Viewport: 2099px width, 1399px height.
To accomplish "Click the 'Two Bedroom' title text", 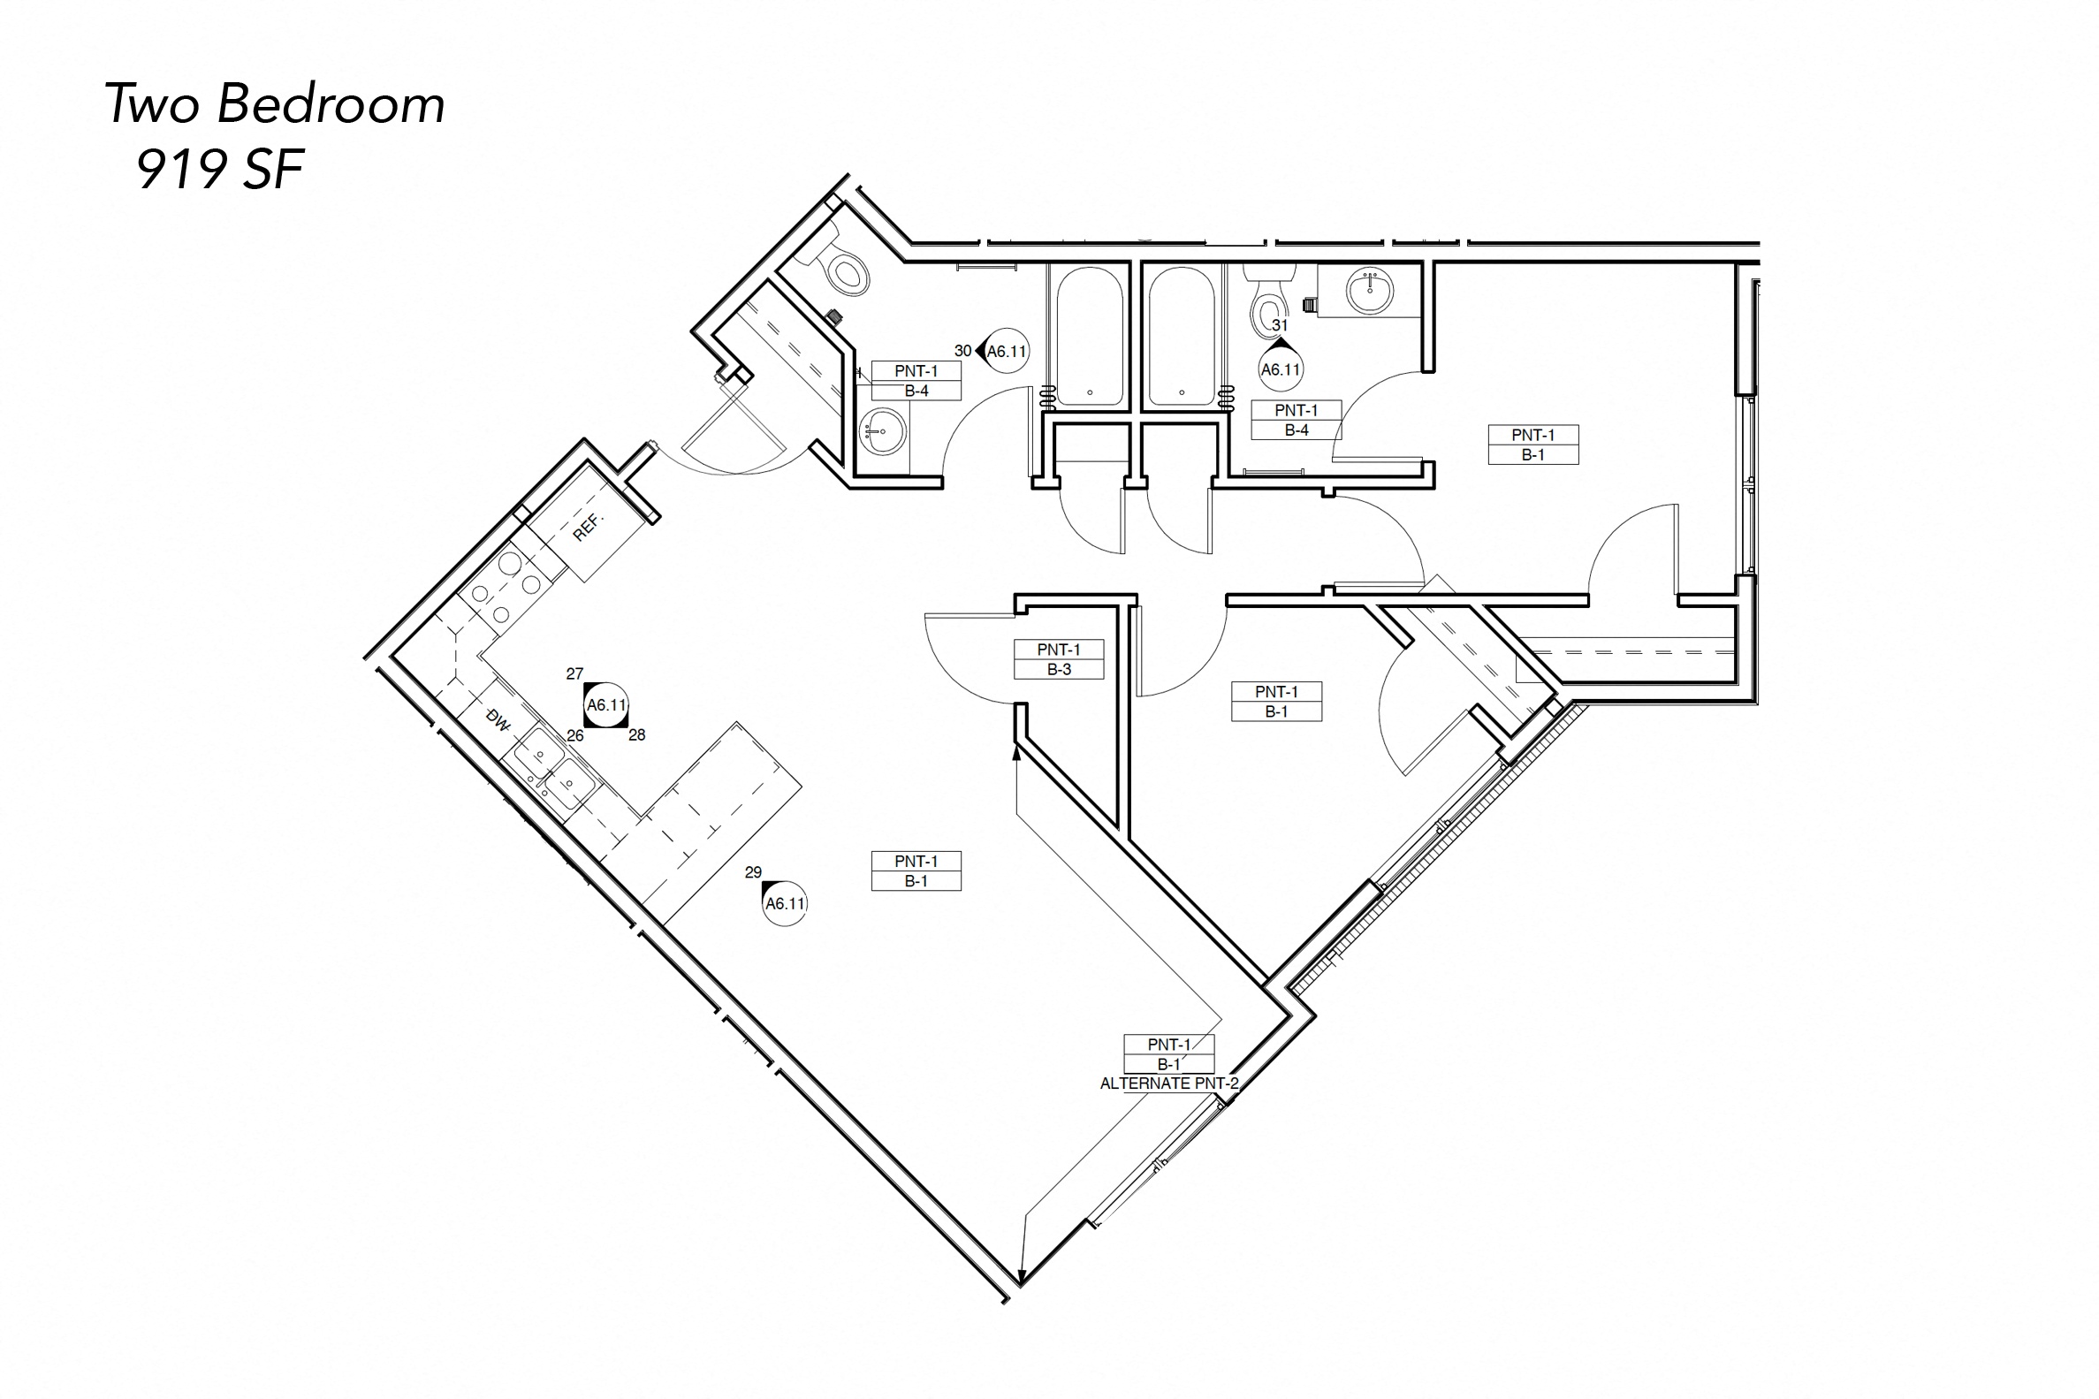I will (x=275, y=104).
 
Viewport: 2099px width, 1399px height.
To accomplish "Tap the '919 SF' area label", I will (x=220, y=170).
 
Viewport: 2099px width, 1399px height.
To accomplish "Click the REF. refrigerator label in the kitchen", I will (x=588, y=527).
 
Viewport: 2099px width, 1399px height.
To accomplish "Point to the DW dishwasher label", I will (x=497, y=719).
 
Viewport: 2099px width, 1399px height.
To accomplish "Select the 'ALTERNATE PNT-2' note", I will (x=1168, y=1084).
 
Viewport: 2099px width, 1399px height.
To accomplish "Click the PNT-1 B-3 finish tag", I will (x=1058, y=659).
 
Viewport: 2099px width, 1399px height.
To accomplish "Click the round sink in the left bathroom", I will (x=881, y=433).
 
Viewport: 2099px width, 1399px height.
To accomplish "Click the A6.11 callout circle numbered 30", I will (x=1006, y=352).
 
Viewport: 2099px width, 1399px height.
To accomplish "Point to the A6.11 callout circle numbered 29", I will (x=785, y=903).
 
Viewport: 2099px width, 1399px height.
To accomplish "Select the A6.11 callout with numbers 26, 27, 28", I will (x=606, y=705).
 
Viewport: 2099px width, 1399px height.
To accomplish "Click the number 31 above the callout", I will (x=1280, y=325).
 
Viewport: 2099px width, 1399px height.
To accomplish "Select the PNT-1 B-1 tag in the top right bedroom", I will (x=1532, y=445).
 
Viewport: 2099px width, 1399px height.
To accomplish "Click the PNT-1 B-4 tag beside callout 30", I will (x=916, y=381).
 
